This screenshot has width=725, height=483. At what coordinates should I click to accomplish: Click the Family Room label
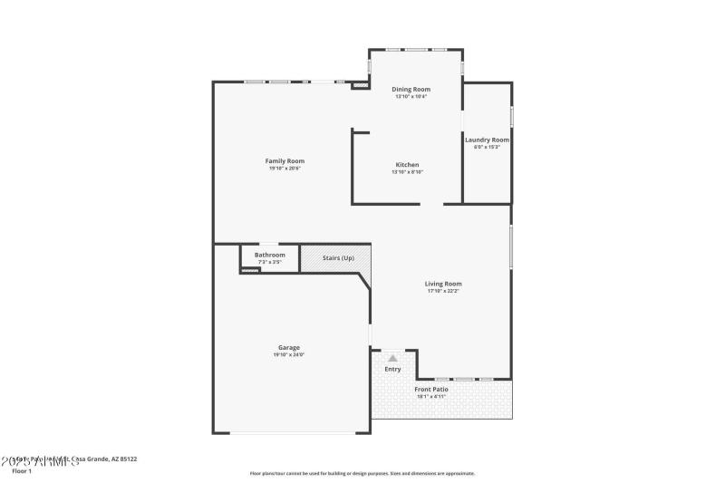click(284, 160)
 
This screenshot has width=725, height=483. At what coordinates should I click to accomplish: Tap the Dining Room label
click(411, 89)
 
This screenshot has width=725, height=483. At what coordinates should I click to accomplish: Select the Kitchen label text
click(407, 164)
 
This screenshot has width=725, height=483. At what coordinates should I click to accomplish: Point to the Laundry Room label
click(487, 140)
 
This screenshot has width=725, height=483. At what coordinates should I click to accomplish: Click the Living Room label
click(443, 284)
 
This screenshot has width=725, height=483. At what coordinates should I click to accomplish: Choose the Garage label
click(289, 347)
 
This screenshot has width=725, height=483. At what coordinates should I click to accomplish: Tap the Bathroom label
click(269, 255)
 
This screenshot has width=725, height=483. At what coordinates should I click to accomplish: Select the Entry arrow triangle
click(392, 359)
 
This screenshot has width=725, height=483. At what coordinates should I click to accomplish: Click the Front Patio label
click(431, 389)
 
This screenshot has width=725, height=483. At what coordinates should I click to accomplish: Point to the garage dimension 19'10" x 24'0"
click(289, 355)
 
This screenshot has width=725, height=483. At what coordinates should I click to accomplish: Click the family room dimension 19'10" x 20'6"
click(284, 169)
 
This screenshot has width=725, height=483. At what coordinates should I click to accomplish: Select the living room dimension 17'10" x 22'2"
click(443, 291)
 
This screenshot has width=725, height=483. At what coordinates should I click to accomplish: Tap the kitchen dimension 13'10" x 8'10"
click(407, 172)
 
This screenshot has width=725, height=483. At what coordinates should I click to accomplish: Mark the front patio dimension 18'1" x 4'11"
click(431, 396)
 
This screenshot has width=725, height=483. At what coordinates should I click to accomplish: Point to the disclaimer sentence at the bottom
click(362, 473)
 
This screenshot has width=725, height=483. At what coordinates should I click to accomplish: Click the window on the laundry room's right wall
click(511, 117)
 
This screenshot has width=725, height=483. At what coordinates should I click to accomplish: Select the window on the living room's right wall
click(511, 246)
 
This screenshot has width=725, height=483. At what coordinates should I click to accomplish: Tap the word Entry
click(392, 369)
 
